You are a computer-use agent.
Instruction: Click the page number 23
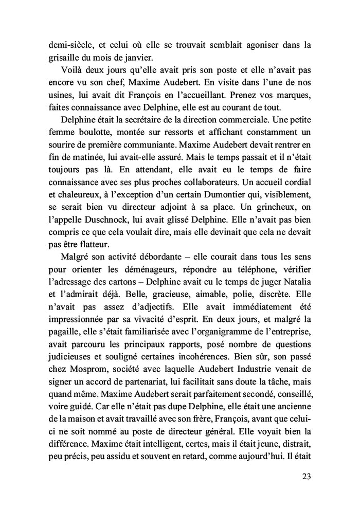[305, 476]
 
